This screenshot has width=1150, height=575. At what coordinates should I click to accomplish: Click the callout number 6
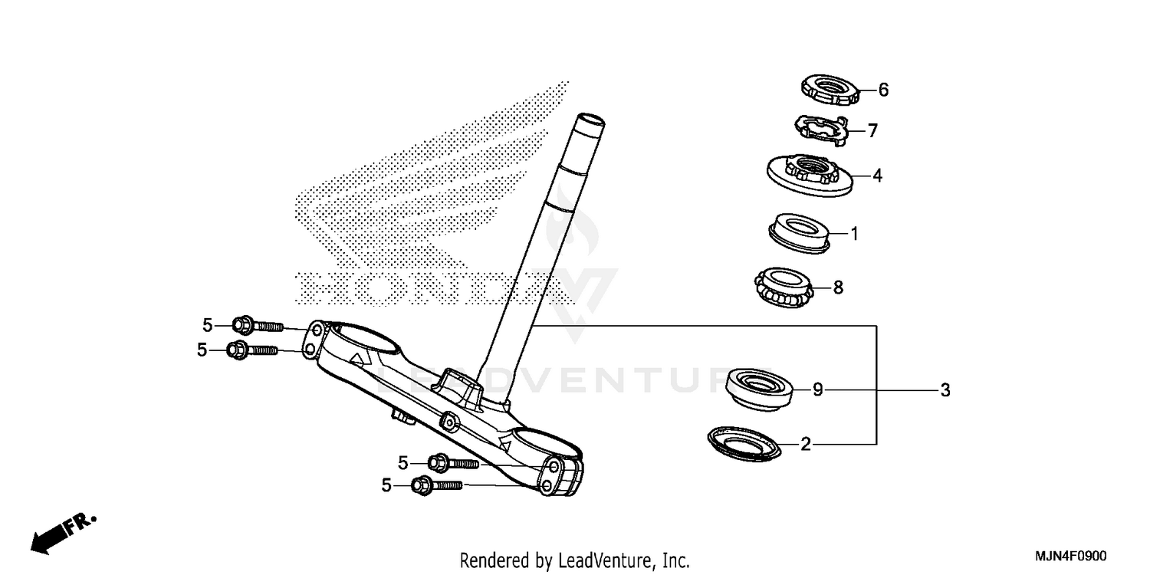click(883, 90)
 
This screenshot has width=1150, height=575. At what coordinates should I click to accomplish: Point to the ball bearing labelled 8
click(781, 287)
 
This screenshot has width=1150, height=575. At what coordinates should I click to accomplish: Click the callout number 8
click(838, 287)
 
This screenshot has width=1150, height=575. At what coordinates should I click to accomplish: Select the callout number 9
click(818, 390)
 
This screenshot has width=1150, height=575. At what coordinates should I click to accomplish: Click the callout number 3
click(945, 390)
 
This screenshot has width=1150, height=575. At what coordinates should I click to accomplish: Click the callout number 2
click(805, 444)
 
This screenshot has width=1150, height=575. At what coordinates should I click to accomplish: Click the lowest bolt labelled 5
click(437, 485)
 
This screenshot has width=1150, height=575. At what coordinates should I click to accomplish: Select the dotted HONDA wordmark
click(429, 290)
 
